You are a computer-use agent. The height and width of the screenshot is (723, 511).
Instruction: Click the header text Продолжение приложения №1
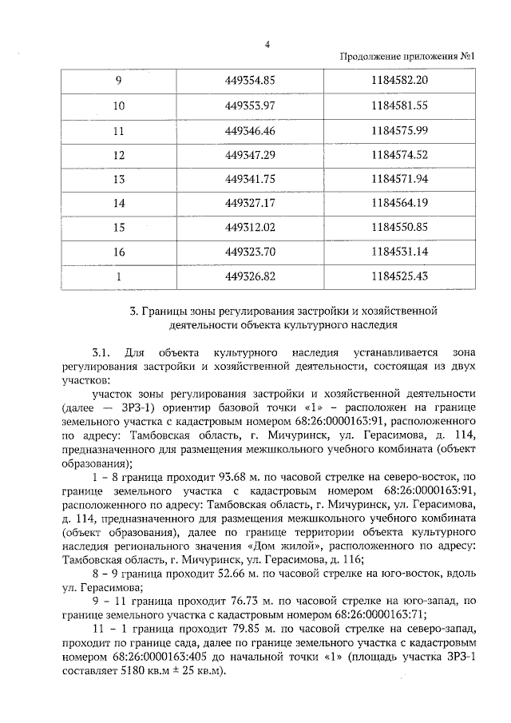(408, 57)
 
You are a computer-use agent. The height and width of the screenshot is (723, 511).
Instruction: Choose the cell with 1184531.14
(400, 252)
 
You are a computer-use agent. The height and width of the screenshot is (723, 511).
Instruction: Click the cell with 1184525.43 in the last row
(400, 277)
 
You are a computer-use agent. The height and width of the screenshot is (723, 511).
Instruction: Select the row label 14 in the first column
(120, 203)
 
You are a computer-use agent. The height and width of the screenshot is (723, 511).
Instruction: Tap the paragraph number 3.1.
(100, 352)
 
